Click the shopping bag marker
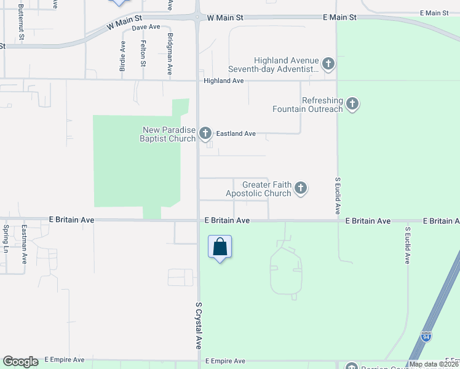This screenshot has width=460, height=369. click(x=220, y=247)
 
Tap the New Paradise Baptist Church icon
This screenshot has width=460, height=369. click(x=205, y=133)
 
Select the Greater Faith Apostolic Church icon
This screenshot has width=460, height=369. click(x=301, y=188)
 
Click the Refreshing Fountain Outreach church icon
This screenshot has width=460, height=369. click(x=352, y=103)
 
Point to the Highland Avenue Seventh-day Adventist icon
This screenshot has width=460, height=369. click(x=328, y=63)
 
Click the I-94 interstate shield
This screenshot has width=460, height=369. click(x=426, y=337)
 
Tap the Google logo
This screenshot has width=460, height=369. click(x=20, y=362)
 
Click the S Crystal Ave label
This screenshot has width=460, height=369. click(x=199, y=325)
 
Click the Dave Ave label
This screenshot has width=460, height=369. click(x=146, y=27)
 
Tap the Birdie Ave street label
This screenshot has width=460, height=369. click(x=123, y=56)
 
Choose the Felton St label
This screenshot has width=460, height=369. click(x=143, y=54)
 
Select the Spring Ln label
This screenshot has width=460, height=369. click(x=6, y=239)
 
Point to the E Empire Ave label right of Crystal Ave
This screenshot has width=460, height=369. click(x=225, y=361)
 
